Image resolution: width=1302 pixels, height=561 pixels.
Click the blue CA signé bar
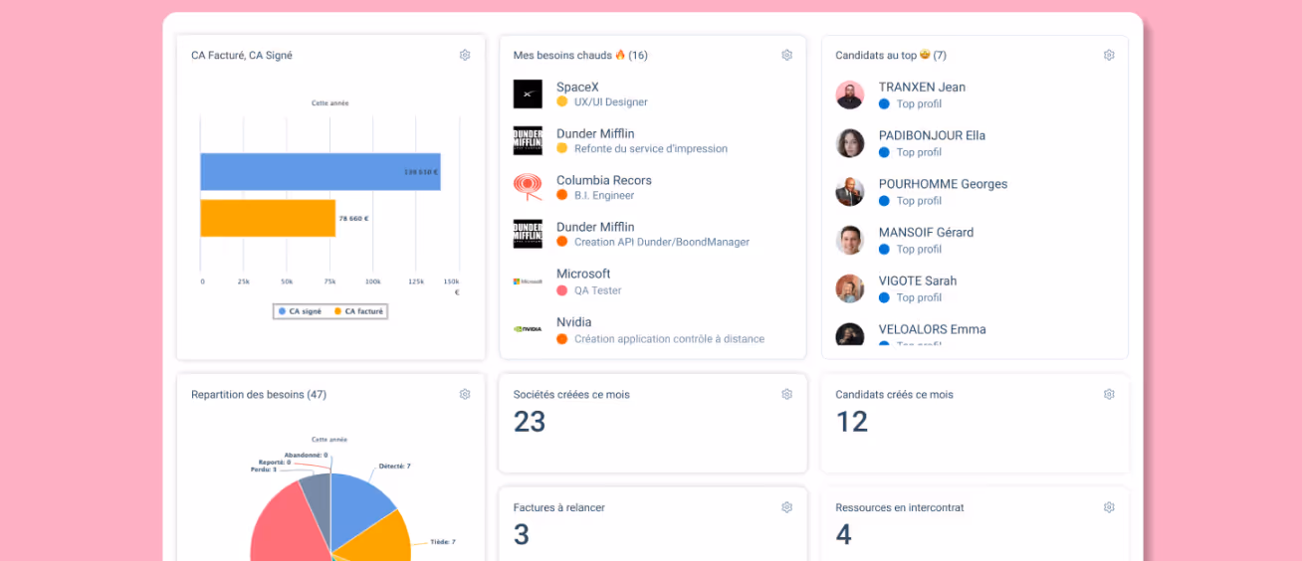[x=320, y=172]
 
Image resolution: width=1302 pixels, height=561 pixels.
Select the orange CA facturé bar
[x=268, y=218]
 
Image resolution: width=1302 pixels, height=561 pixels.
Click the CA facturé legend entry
[x=359, y=311]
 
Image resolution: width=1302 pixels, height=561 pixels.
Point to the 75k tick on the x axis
[x=329, y=281]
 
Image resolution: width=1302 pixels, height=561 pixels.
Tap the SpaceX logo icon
[x=528, y=94]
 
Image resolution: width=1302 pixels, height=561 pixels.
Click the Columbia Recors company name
[x=603, y=180]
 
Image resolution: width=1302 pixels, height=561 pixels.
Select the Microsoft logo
[x=528, y=281]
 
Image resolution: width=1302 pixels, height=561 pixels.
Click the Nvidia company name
[x=573, y=322]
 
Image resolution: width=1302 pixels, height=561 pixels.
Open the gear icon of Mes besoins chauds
[x=786, y=56]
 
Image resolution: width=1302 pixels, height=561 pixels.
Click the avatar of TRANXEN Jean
[x=849, y=95]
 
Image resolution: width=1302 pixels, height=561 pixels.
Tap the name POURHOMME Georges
[x=943, y=184]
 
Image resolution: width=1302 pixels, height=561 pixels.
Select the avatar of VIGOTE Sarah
[x=849, y=288]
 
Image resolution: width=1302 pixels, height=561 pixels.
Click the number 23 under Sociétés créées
[x=530, y=422]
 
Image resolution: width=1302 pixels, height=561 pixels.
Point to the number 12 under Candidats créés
[x=852, y=422]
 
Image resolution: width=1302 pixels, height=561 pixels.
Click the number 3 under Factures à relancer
[x=522, y=535]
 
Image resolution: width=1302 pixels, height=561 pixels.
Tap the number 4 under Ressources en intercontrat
[x=843, y=535]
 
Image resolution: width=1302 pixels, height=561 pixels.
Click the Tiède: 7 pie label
[x=442, y=542]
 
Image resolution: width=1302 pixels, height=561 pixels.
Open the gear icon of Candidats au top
[x=1109, y=56]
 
